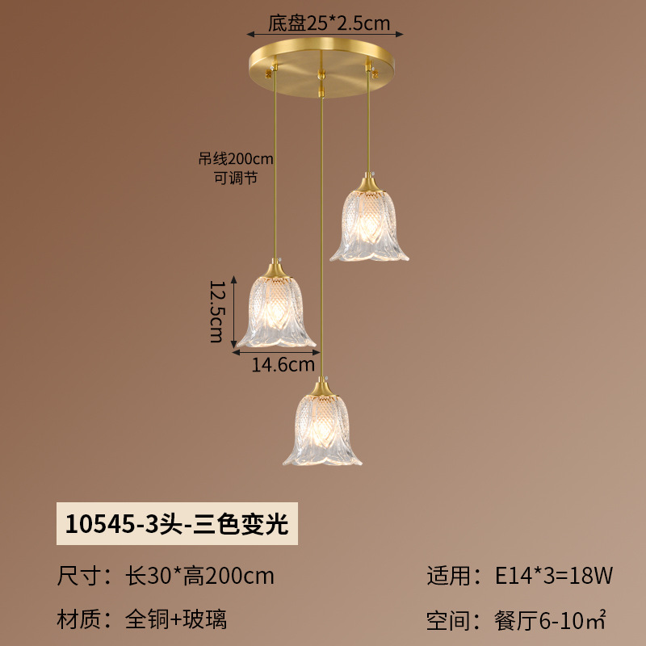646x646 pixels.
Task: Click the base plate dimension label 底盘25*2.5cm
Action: [329, 23]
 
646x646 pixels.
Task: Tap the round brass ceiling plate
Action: [321, 68]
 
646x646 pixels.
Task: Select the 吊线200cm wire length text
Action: [236, 158]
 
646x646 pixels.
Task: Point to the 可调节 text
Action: [236, 178]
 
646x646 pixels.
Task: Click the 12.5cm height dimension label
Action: [216, 312]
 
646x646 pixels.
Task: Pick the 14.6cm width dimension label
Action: [283, 365]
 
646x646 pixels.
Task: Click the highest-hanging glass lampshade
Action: [369, 226]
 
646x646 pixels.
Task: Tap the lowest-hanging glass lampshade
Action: [322, 430]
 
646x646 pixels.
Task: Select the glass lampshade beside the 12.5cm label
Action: [276, 312]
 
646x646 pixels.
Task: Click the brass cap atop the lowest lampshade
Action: [322, 388]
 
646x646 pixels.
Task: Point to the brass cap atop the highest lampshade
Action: [369, 183]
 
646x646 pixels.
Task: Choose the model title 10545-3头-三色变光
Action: [177, 524]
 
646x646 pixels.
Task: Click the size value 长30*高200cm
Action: [199, 576]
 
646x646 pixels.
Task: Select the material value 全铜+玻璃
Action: [176, 619]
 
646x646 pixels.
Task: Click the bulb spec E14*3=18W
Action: [554, 576]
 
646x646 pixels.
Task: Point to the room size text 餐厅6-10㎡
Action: [551, 620]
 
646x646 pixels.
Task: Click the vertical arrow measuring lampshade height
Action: [233, 312]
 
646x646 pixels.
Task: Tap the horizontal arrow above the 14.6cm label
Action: [276, 352]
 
